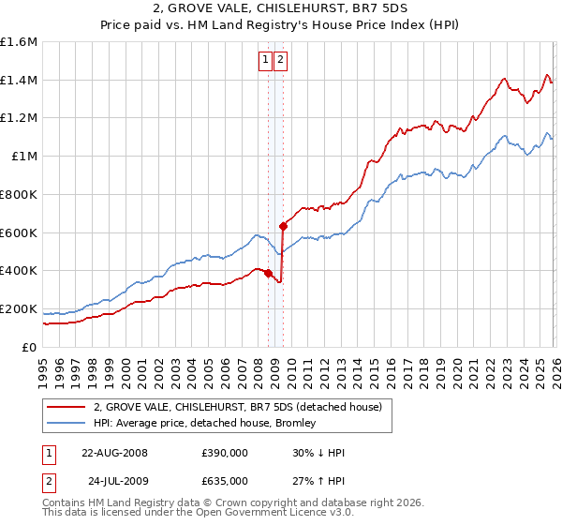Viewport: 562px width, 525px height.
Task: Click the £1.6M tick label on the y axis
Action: [x=19, y=42]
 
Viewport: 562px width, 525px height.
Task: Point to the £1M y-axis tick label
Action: [x=24, y=157]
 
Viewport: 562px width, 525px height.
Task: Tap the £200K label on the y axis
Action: [x=19, y=308]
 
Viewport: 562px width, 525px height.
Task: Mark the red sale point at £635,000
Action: [x=283, y=225]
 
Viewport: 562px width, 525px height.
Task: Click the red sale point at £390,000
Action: [x=268, y=273]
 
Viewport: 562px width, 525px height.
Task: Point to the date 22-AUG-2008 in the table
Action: [x=114, y=452]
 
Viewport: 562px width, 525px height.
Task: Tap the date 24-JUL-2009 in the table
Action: [x=114, y=481]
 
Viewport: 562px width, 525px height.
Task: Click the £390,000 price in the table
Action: [x=225, y=452]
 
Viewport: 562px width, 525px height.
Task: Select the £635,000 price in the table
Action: [x=225, y=481]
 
